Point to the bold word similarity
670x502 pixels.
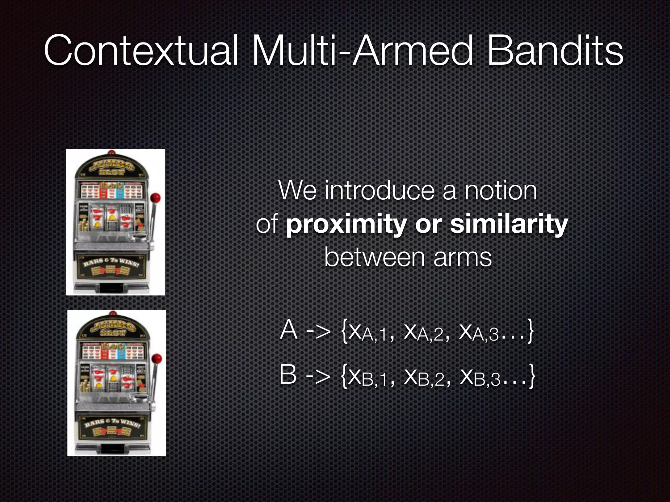509,225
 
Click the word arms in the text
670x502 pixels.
463,258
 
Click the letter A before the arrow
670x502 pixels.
289,330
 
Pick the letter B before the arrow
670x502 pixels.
288,375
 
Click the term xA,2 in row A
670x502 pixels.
424,333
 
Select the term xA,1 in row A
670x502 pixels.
368,333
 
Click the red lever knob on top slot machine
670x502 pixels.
155,198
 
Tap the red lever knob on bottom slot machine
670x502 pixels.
157,358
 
